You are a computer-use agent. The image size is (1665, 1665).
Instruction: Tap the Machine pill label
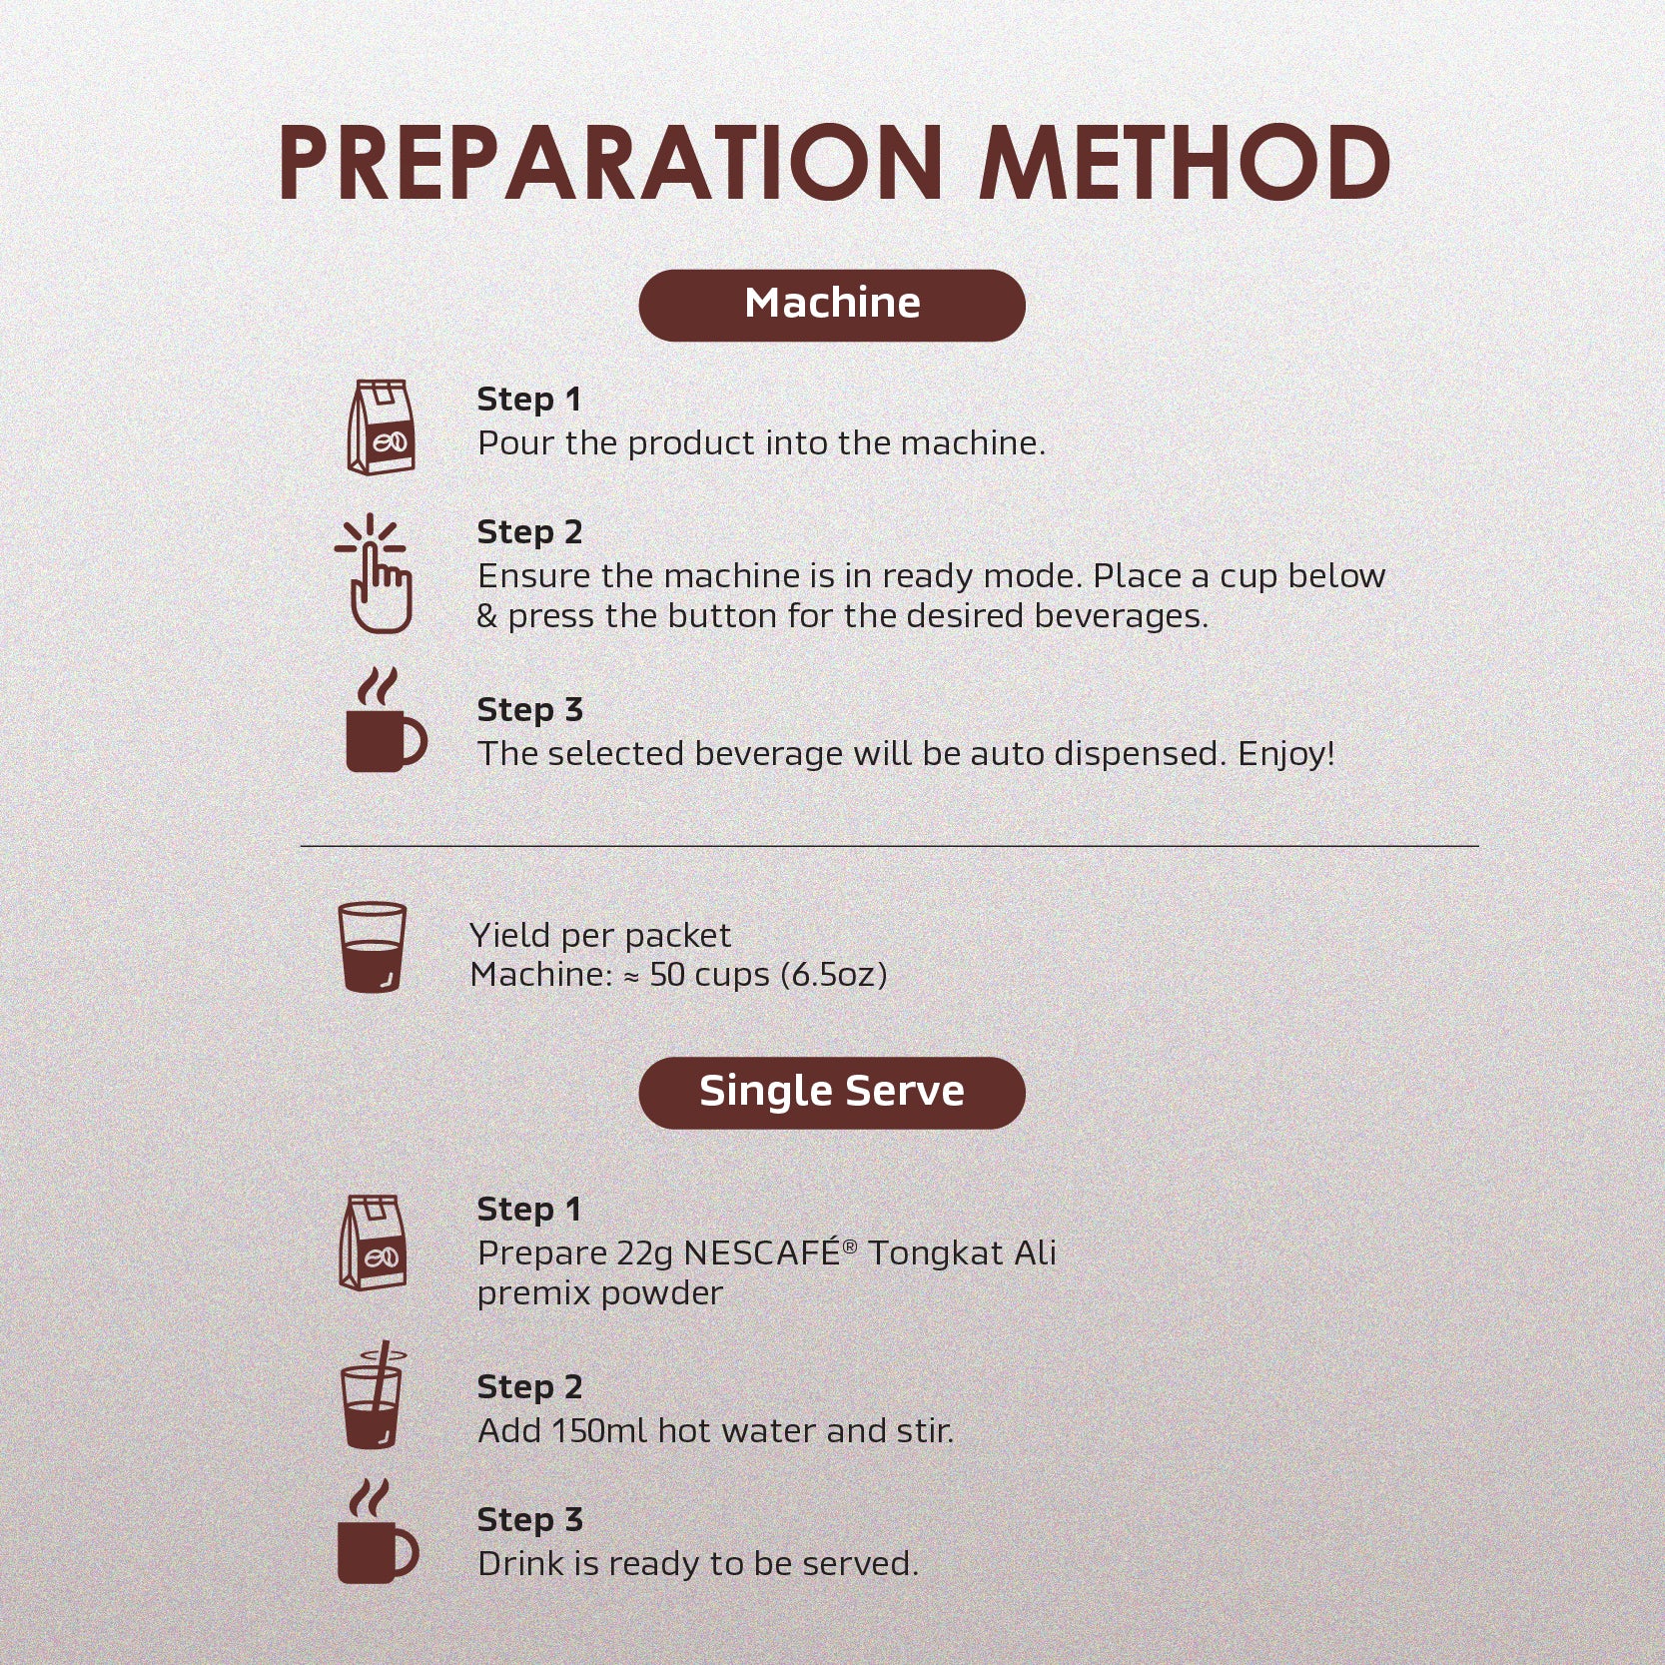point(832,304)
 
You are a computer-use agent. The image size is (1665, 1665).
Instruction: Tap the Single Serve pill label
point(832,1092)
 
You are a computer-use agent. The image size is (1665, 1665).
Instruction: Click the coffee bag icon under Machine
point(380,426)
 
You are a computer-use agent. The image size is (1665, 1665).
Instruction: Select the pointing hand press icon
point(374,574)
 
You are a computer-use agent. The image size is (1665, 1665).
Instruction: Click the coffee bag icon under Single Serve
point(373,1243)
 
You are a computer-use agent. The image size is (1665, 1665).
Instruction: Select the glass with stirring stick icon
point(373,1396)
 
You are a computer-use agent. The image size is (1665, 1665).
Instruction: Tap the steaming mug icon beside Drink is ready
point(376,1533)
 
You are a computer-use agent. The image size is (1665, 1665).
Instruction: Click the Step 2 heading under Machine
point(529,532)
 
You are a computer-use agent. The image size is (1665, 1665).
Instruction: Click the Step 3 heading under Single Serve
point(529,1520)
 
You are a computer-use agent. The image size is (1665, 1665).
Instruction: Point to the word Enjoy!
point(1285,754)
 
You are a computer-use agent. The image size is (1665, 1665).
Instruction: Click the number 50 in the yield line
point(667,975)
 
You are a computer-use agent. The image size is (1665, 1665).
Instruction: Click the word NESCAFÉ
point(762,1253)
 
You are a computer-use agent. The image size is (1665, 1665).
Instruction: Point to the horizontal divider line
point(889,846)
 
